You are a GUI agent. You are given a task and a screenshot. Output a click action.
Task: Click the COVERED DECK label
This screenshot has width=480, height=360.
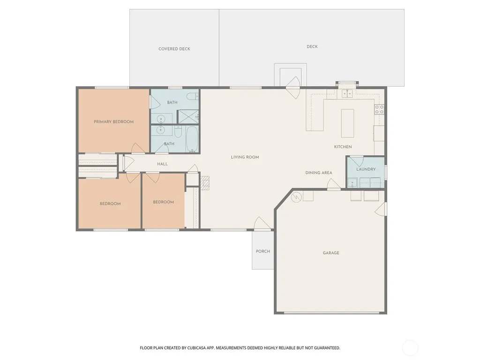[174, 49]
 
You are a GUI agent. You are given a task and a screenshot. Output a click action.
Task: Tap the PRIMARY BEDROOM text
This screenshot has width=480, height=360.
[113, 122]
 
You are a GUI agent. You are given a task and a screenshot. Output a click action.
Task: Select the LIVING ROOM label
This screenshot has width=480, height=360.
[245, 157]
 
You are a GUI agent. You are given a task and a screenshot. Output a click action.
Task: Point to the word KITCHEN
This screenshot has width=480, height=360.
[343, 147]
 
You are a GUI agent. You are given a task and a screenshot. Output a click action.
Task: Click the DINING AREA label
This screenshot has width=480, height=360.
[319, 173]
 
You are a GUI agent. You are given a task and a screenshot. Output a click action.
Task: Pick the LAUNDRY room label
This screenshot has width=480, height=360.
[366, 169]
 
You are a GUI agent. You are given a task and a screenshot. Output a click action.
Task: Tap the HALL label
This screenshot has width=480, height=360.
[162, 164]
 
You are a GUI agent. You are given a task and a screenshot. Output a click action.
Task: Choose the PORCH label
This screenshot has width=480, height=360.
[263, 251]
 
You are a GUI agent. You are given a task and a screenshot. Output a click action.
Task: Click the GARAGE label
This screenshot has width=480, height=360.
[331, 253]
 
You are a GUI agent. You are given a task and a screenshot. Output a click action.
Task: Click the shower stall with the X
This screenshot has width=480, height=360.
[188, 117]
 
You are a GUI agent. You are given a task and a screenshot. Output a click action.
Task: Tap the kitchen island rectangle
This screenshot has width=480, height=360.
[347, 123]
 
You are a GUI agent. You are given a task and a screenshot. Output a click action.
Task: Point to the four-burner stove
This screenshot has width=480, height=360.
[379, 110]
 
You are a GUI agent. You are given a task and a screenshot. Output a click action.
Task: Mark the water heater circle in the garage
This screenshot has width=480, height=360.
[296, 197]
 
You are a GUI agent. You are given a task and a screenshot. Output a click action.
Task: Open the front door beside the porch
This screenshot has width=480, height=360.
[262, 224]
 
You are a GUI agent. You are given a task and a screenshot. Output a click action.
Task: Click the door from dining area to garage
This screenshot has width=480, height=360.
[334, 184]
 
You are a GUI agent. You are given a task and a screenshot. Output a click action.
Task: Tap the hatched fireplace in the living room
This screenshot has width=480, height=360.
[205, 183]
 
